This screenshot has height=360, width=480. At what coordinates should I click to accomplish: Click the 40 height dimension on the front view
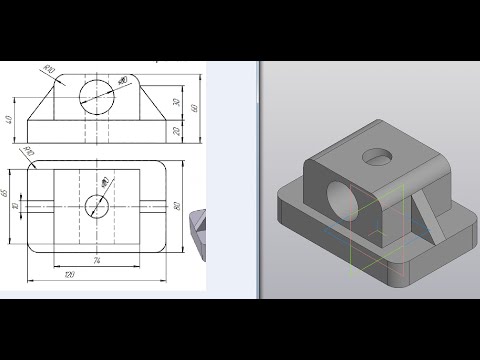(x=10, y=121)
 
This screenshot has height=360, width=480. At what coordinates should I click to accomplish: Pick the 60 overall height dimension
(x=196, y=107)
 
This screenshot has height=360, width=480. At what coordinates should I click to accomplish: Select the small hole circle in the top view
(x=98, y=206)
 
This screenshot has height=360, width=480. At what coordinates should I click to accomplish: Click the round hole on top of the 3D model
(x=377, y=155)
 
